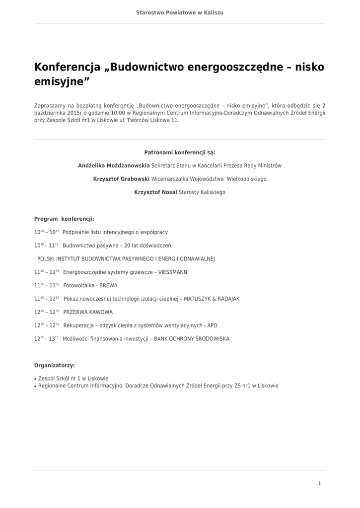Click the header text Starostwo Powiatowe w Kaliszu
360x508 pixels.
180,12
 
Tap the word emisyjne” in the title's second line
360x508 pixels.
62,82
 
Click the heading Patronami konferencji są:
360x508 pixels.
180,152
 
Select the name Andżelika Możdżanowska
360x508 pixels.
114,166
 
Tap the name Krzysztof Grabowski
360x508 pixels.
121,179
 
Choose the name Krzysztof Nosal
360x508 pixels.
155,192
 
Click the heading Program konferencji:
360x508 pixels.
64,219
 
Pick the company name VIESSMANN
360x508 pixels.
173,272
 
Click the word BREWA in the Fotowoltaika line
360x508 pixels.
108,286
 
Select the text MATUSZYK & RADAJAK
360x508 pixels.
212,299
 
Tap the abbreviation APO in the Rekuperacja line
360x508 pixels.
212,326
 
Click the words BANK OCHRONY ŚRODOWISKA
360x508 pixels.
192,339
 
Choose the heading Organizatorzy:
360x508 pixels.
55,366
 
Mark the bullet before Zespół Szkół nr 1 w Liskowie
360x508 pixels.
35,379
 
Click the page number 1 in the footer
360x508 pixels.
319,483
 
